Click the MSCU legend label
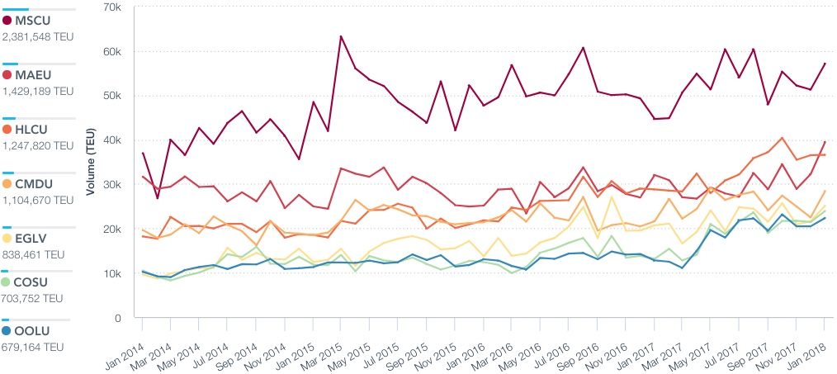coord(34,20)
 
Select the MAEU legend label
coord(34,75)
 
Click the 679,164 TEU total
coord(33,347)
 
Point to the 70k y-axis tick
coord(112,7)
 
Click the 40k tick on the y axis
coord(112,140)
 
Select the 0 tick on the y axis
coord(119,318)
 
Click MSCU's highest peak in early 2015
coord(341,36)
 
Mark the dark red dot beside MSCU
coord(7,20)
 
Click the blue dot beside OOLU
coord(7,330)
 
